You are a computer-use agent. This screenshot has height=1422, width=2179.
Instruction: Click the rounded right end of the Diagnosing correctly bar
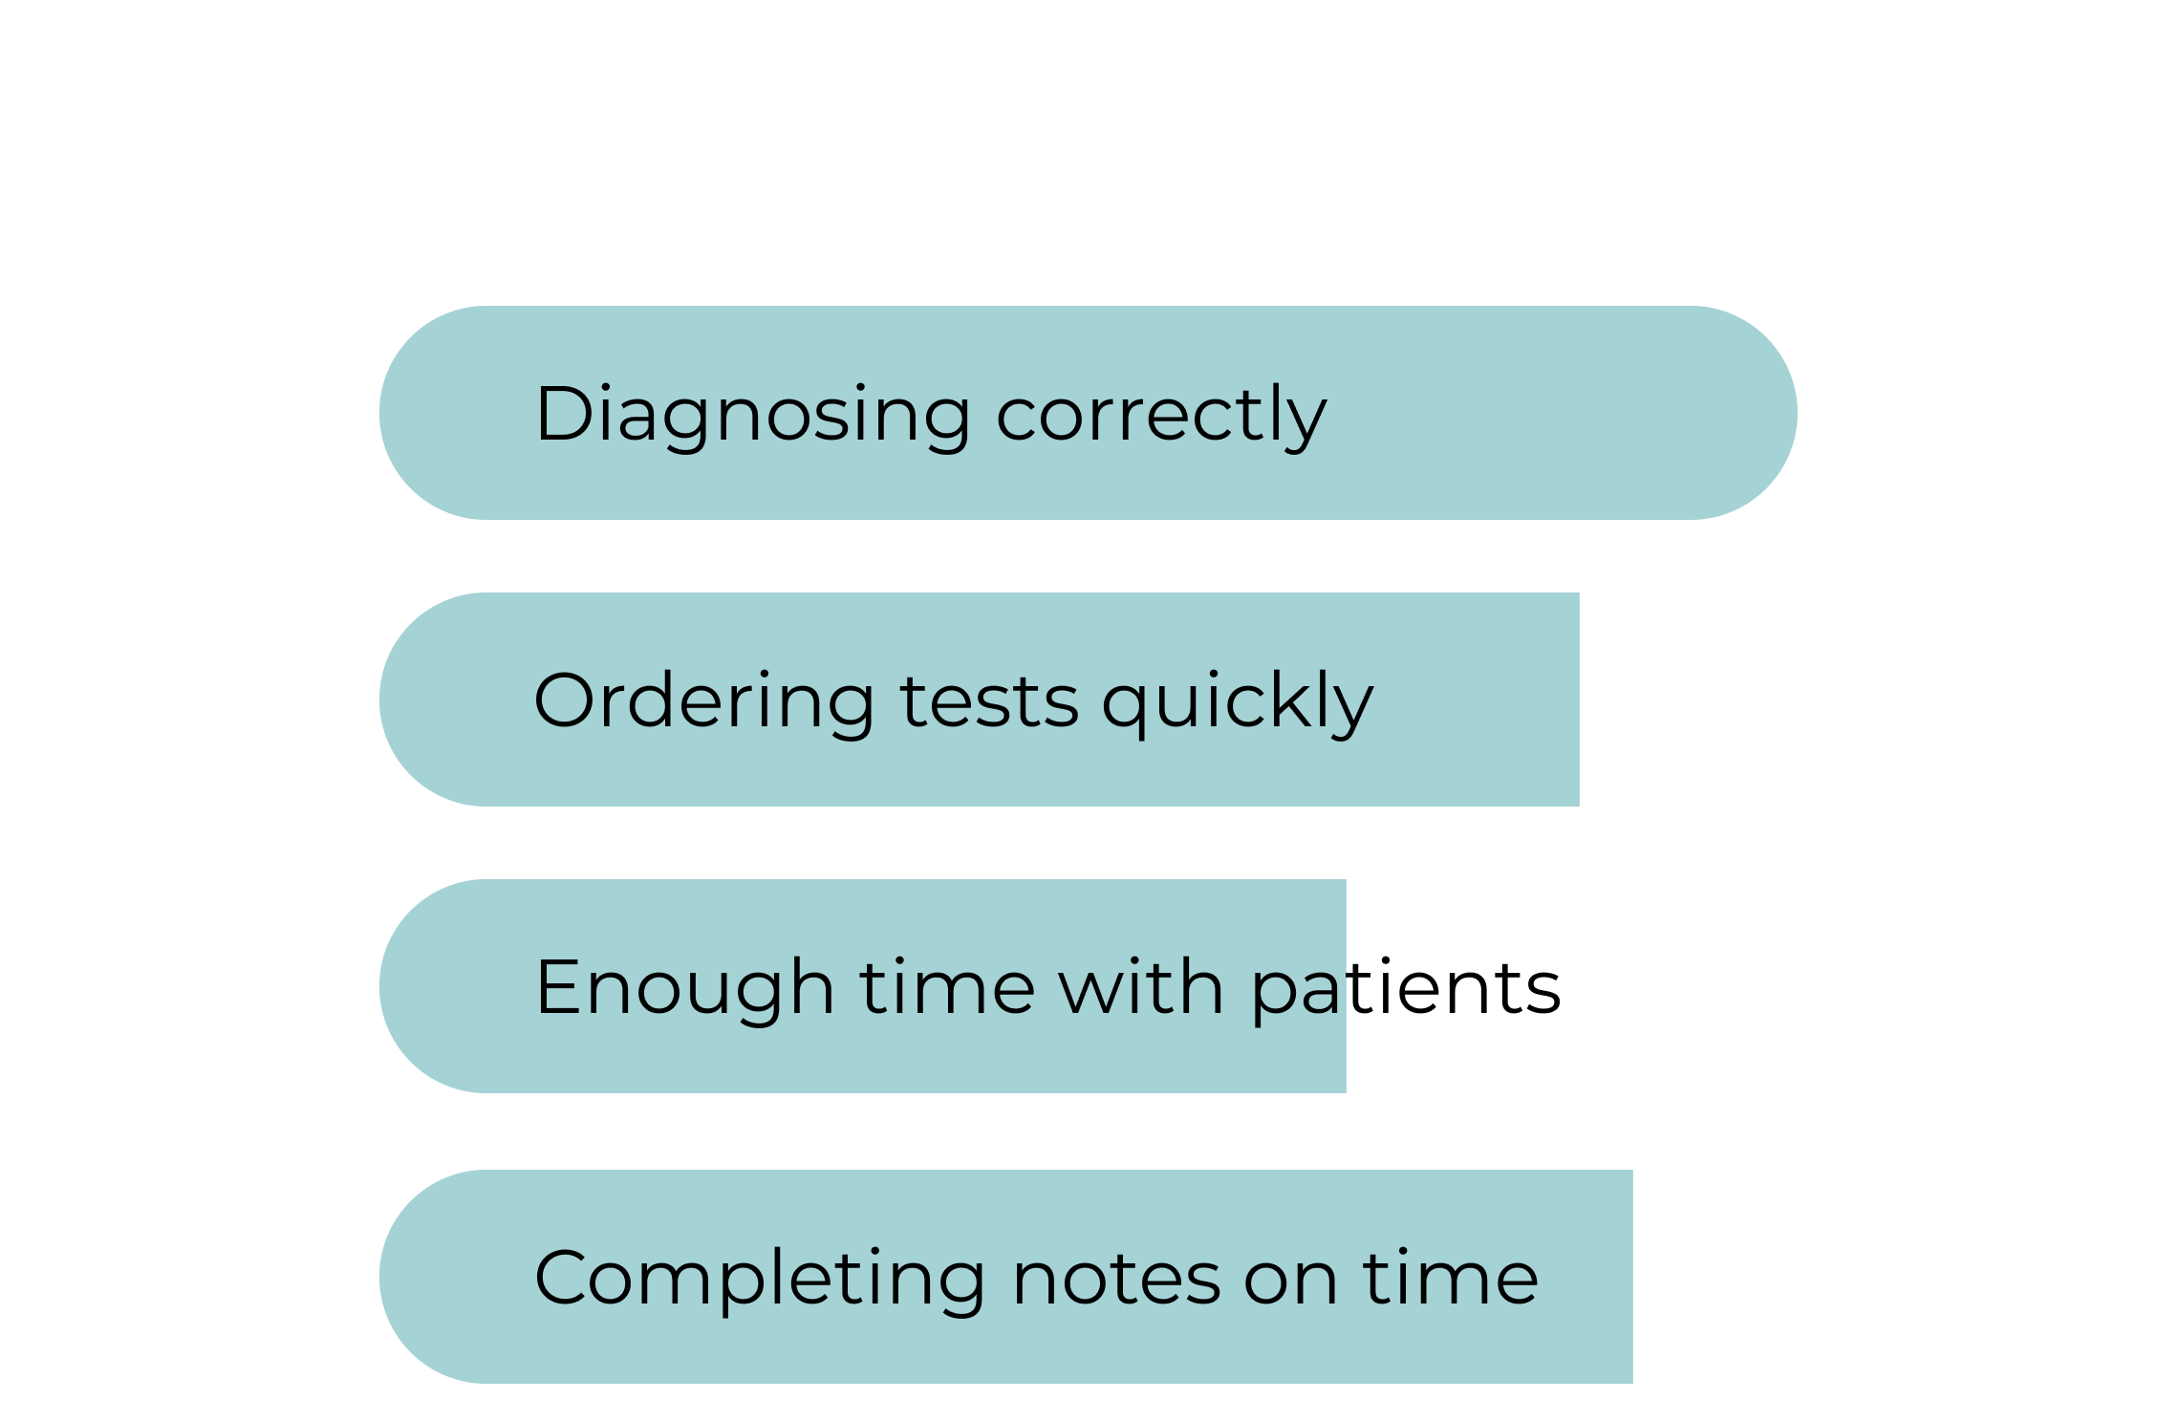(1796, 413)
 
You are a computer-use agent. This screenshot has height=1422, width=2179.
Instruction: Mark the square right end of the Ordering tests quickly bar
(1578, 700)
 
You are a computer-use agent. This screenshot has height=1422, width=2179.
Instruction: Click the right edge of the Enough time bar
(1345, 986)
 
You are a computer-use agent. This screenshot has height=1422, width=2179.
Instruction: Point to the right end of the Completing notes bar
(1631, 1277)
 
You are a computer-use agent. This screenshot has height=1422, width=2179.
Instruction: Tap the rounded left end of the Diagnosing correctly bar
(381, 413)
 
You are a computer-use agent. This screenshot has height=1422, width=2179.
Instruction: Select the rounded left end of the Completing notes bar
(381, 1277)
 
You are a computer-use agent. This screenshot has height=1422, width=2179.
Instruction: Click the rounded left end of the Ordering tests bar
(381, 700)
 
